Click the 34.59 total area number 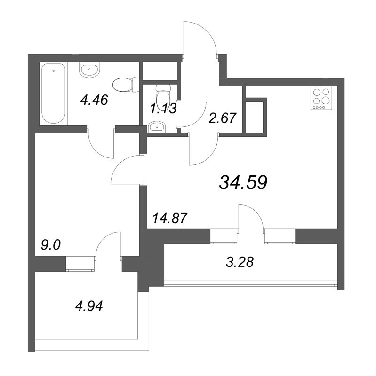point(243,182)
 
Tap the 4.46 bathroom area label point(94,100)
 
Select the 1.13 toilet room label point(163,109)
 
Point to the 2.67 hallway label point(223,118)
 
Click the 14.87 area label point(169,218)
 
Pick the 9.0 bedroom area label point(51,245)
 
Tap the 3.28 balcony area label point(240,262)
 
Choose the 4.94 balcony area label point(89,306)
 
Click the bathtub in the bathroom point(53,94)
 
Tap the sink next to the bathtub point(89,70)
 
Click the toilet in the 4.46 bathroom point(126,85)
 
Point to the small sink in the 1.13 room point(157,126)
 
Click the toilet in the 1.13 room point(163,95)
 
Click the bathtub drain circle point(53,71)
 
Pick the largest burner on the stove point(326,100)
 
